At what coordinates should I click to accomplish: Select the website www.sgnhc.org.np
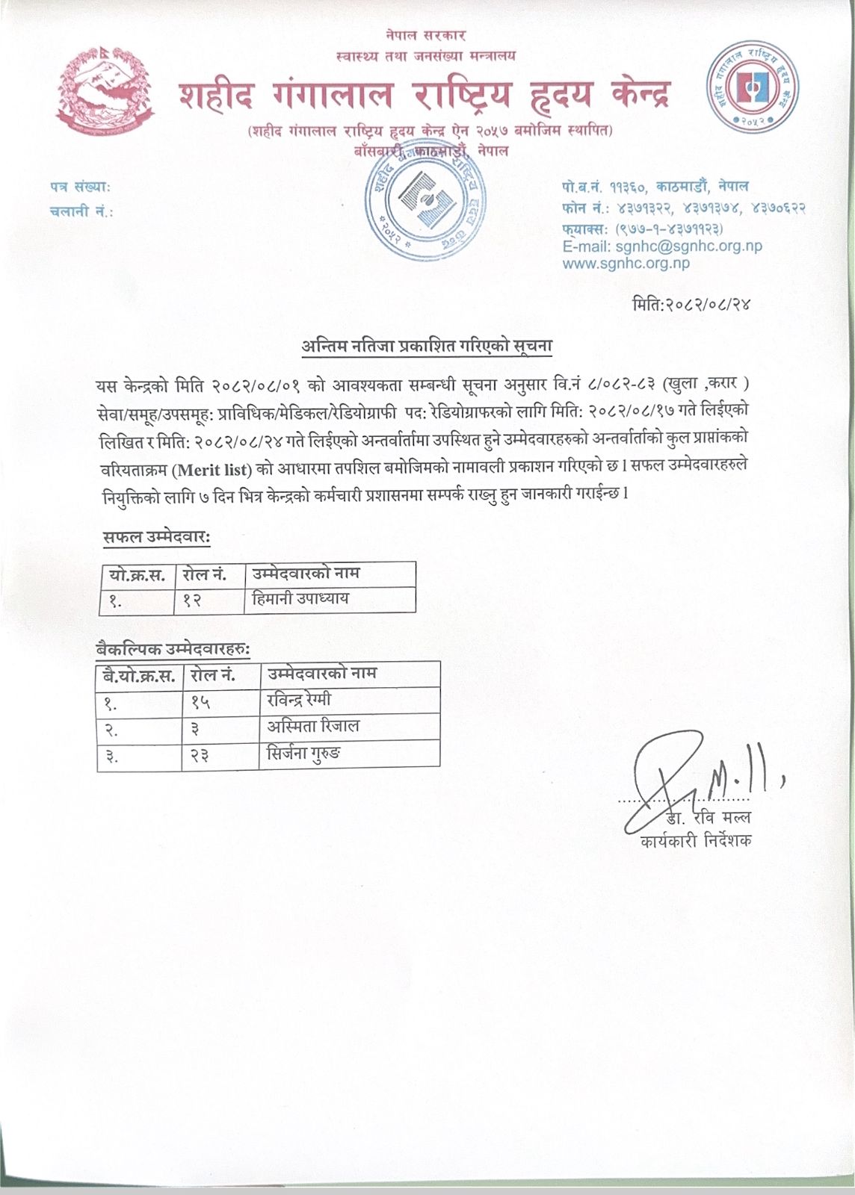[626, 263]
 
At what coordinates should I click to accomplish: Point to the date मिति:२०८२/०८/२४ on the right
[690, 305]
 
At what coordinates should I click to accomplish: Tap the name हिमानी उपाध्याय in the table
[300, 599]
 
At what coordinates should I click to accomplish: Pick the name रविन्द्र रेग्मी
[299, 701]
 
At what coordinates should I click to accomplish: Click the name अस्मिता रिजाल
[313, 726]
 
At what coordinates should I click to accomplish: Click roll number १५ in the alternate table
[200, 701]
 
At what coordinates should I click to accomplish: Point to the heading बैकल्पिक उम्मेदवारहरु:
[173, 649]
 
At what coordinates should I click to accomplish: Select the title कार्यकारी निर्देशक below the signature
[696, 841]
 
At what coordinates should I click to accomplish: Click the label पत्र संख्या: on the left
[80, 187]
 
